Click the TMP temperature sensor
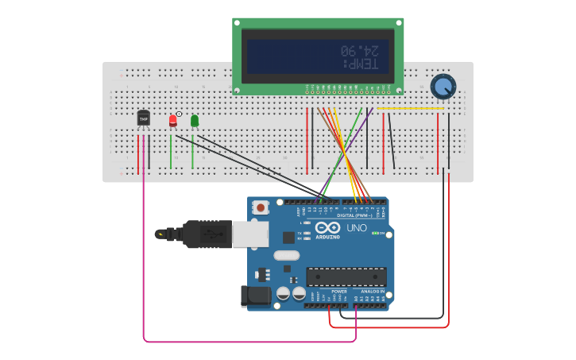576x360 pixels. (143, 118)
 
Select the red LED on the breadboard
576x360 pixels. (173, 120)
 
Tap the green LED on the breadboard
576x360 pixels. (195, 121)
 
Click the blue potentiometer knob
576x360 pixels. (443, 86)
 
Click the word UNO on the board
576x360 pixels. (357, 228)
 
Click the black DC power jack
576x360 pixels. (256, 296)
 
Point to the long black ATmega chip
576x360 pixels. (346, 277)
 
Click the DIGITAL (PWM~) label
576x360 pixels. (354, 215)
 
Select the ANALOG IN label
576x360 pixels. (372, 292)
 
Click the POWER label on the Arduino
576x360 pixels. (339, 292)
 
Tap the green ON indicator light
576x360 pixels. (374, 233)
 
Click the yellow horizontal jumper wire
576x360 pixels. (410, 109)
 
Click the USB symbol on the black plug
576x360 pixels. (209, 234)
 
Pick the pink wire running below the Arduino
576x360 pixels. (238, 342)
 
